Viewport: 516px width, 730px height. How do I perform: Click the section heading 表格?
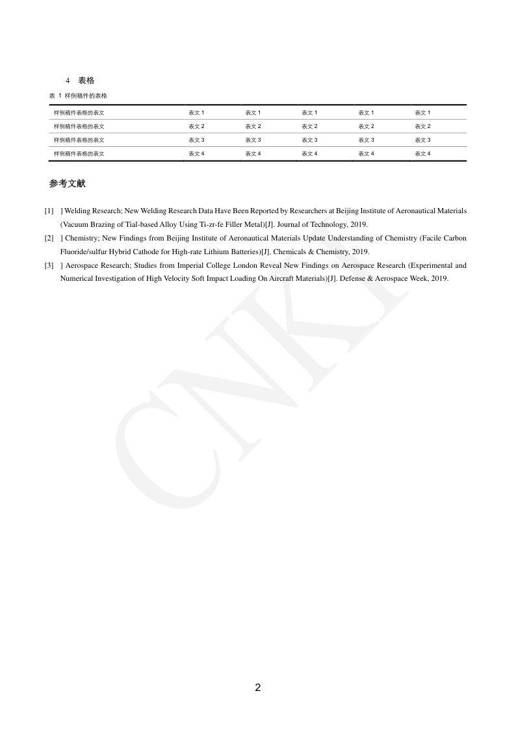(x=86, y=81)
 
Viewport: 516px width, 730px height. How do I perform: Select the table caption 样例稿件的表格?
(x=86, y=96)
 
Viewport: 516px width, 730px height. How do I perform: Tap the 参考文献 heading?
(x=67, y=184)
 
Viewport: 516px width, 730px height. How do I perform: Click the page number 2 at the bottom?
(x=258, y=688)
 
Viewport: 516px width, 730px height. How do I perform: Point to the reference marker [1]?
(x=49, y=211)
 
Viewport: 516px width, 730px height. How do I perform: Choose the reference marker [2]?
(x=49, y=239)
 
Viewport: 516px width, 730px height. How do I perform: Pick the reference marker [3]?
(x=49, y=266)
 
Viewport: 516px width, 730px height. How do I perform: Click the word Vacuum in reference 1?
(x=75, y=225)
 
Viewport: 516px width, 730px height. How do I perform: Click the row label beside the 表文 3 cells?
(x=79, y=140)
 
